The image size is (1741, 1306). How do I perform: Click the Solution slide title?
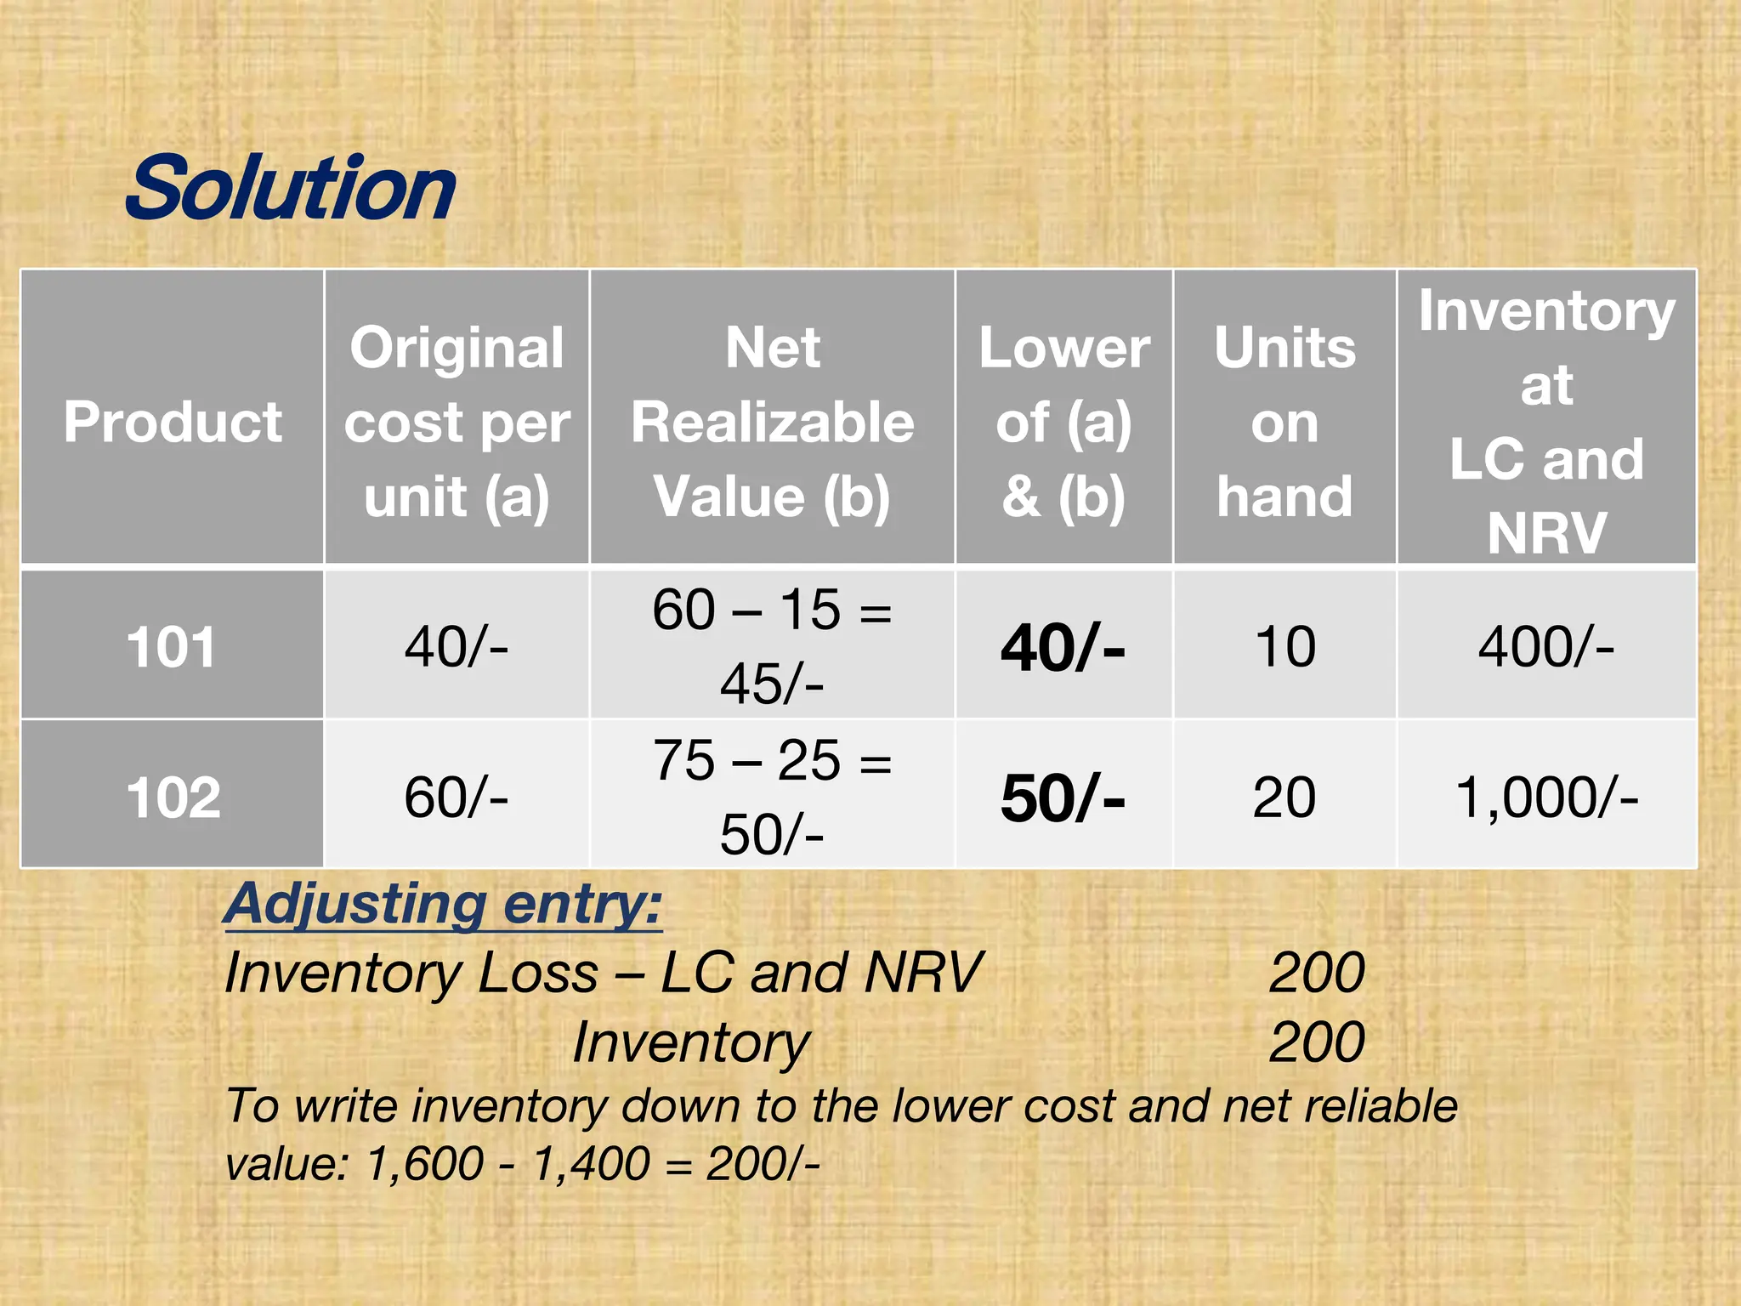pos(291,188)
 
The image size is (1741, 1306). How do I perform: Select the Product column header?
pos(173,422)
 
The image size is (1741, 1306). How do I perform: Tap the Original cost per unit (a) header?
pos(457,422)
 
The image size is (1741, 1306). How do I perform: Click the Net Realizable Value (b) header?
pos(772,422)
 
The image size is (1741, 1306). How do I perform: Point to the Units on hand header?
pos(1284,422)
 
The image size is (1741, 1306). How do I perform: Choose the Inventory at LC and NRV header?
pos(1546,422)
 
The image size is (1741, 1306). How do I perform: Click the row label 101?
pos(172,647)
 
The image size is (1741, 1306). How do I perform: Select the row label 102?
pos(173,798)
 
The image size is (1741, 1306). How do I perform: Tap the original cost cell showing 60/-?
pos(457,798)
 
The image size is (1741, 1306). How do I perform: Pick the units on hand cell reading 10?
pos(1284,647)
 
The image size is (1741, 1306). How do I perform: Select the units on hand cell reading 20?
pos(1284,798)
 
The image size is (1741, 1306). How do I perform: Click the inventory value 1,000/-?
pos(1546,798)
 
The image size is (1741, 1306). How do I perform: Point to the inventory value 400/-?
pos(1546,647)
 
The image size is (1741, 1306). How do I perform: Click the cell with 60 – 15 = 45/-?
pos(772,646)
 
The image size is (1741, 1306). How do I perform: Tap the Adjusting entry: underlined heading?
pos(443,903)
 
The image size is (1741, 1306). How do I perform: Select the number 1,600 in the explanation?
pos(424,1163)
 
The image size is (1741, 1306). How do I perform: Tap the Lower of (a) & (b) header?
pos(1063,422)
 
